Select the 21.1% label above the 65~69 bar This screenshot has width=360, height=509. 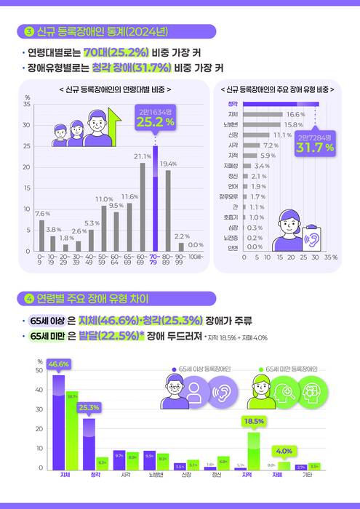[x=142, y=156]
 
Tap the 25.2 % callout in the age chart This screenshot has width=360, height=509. [x=155, y=121]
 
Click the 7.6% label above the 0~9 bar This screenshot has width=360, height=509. [x=42, y=214]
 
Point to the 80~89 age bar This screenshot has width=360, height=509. [x=168, y=211]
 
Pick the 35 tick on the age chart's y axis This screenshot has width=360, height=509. [x=27, y=105]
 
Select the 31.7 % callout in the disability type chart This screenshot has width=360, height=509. [x=314, y=148]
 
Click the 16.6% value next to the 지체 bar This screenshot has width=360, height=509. [x=295, y=115]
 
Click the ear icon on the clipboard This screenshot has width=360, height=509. [x=314, y=238]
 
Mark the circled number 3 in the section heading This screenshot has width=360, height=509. [x=29, y=31]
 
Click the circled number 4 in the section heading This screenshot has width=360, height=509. [x=29, y=299]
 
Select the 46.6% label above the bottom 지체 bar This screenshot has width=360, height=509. [x=58, y=364]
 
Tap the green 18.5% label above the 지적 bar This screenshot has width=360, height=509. [x=253, y=421]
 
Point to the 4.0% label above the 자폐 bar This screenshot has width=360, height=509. [x=284, y=451]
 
